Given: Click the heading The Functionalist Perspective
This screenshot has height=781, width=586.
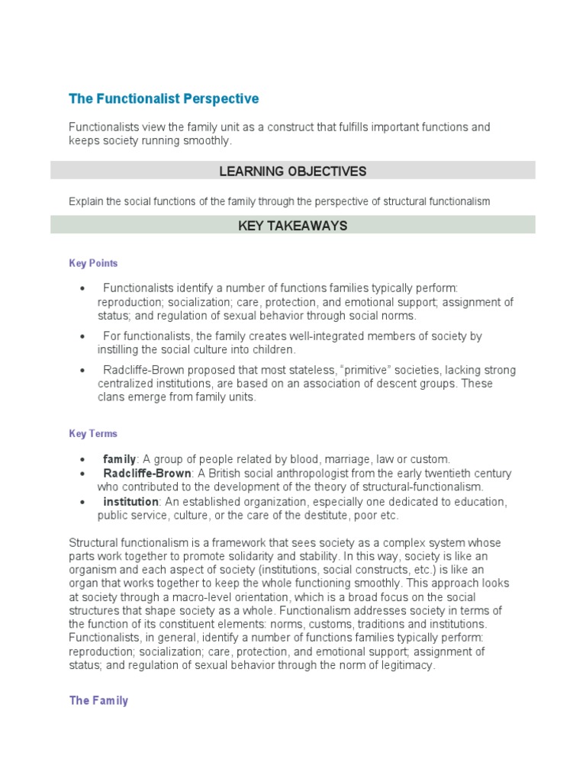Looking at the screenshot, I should (x=164, y=98).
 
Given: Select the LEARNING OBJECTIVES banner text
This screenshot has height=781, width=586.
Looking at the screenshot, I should (x=293, y=171).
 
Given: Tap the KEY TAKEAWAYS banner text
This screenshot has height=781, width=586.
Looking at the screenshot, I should (x=293, y=225).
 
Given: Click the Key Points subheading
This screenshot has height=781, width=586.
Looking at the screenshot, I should (x=93, y=263).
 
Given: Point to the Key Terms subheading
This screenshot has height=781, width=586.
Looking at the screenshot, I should (x=93, y=433).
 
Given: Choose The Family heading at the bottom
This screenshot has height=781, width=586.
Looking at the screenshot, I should (x=98, y=700).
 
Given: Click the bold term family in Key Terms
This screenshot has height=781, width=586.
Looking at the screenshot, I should (x=119, y=459).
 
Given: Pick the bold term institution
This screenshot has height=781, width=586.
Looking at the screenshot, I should (x=130, y=502).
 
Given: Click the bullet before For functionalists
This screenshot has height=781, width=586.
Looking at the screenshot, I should (x=82, y=336).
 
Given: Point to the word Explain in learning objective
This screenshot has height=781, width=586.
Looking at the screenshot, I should (x=86, y=201).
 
